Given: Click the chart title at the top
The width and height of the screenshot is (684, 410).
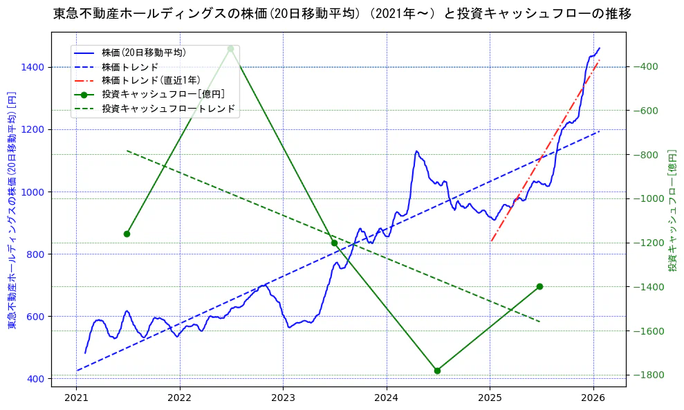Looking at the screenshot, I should point(342,14).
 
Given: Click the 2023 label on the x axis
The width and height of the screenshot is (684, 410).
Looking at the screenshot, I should point(283,398).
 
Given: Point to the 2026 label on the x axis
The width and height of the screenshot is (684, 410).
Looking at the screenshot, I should point(593,398).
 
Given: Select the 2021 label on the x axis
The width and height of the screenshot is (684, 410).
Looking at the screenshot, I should point(76,398).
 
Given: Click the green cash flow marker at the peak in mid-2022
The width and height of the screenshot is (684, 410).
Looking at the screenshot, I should point(230,48).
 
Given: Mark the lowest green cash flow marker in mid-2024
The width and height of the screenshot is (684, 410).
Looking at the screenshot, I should point(437,371).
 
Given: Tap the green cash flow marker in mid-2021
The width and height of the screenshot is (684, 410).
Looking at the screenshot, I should point(127,234).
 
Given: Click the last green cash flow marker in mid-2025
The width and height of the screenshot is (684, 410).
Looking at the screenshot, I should point(539,286).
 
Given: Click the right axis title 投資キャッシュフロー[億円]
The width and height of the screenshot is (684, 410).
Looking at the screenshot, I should point(672,209).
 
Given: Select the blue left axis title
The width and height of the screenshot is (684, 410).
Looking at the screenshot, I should point(12,209).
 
